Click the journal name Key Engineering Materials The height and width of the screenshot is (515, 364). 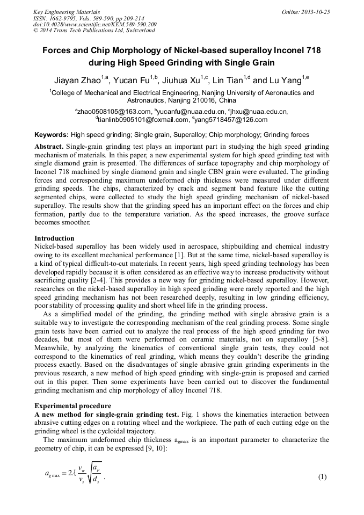pos(68,12)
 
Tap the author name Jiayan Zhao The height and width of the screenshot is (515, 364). pos(78,81)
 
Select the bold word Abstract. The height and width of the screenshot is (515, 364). pos(49,147)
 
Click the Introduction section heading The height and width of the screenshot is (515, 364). pos(54,238)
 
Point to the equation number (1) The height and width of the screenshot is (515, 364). pos(322,477)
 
